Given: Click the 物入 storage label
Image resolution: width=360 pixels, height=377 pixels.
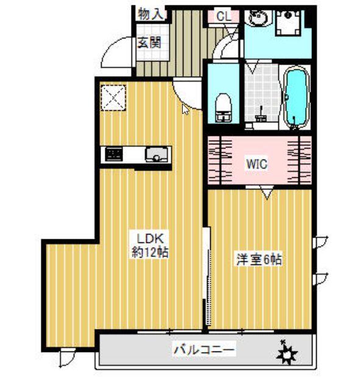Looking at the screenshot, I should [x=150, y=13].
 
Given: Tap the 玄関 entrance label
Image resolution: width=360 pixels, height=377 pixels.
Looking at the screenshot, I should [x=148, y=43].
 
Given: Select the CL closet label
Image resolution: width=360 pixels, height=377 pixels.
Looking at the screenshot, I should [x=225, y=16].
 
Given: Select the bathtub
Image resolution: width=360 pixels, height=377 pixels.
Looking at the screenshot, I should [x=296, y=97].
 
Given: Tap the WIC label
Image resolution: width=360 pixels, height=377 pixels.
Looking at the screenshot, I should [x=256, y=163].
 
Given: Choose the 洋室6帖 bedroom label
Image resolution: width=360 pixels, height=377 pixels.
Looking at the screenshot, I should [x=259, y=258].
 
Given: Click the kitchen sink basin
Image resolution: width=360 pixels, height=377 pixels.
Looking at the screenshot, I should [x=157, y=155].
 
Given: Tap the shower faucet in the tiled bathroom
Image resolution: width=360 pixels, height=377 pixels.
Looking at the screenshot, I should [x=261, y=113].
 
